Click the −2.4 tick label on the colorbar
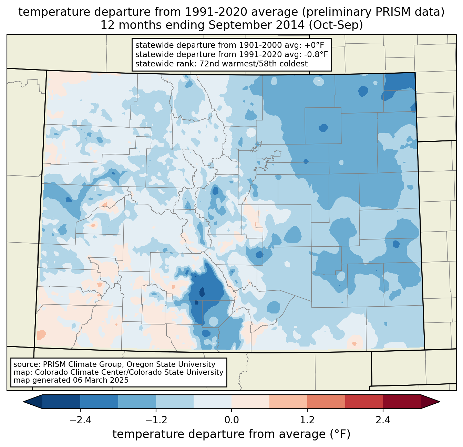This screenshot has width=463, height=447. pyautogui.click(x=80, y=420)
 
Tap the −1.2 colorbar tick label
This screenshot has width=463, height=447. pyautogui.click(x=156, y=420)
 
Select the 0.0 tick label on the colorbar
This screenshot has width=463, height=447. pyautogui.click(x=231, y=420)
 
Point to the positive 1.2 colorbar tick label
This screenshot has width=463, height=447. pyautogui.click(x=307, y=420)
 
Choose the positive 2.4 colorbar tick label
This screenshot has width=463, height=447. pyautogui.click(x=383, y=420)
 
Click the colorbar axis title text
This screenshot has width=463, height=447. pyautogui.click(x=231, y=434)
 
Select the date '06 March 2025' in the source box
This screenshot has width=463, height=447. pyautogui.click(x=101, y=380)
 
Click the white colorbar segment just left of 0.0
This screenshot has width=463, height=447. pyautogui.click(x=213, y=402)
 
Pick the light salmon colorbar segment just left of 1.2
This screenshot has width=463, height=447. pyautogui.click(x=288, y=402)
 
